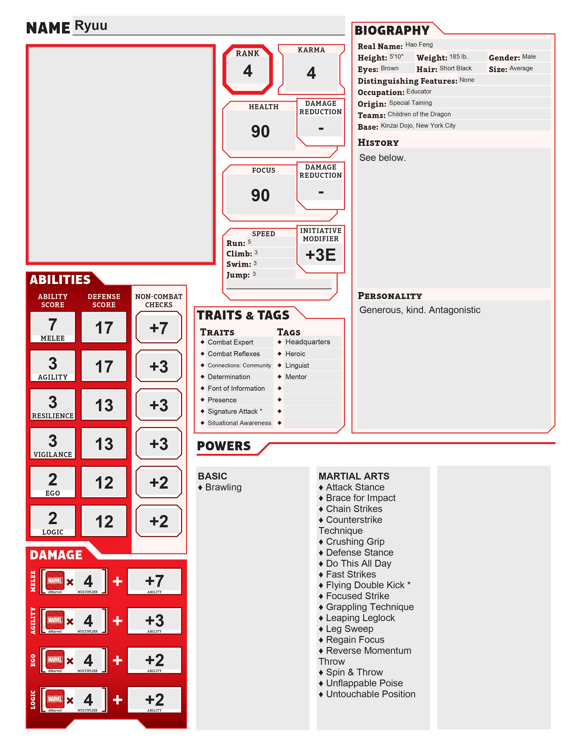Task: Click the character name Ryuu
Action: point(91,26)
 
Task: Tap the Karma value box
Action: point(311,73)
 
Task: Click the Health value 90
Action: point(260,131)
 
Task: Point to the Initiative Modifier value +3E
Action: point(320,255)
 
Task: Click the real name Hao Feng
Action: point(419,45)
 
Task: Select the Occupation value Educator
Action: point(419,91)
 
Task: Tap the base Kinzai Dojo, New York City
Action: point(418,126)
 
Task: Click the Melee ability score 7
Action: point(52,324)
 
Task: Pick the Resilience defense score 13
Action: point(104,405)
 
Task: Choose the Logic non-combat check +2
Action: point(159,521)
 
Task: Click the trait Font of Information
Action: point(236,388)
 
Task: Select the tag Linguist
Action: point(297,365)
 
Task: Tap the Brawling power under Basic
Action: point(223,487)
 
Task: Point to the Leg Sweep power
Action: point(349,629)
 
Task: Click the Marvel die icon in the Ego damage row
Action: point(55,660)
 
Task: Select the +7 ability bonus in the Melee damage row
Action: point(154,581)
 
